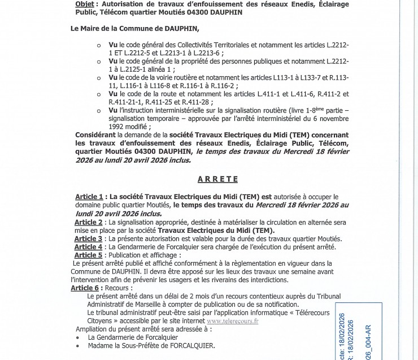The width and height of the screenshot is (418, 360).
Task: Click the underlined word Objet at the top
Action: (x=86, y=3)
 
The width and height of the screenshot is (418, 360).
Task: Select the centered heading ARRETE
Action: (x=217, y=179)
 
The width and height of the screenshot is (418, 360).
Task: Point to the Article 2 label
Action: (x=89, y=223)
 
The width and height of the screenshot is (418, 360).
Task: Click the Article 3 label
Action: (x=89, y=239)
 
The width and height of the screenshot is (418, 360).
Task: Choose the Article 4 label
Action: (x=89, y=247)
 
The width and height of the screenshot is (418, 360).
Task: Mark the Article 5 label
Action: (x=89, y=255)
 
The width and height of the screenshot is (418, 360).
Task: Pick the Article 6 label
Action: (x=85, y=288)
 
